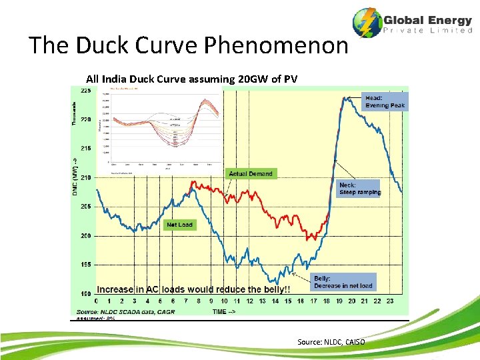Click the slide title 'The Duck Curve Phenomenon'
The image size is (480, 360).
click(189, 45)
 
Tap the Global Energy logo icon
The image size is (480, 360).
click(367, 23)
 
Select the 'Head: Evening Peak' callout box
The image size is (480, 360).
click(384, 101)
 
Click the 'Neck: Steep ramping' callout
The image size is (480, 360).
click(359, 188)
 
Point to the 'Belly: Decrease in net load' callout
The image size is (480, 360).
click(343, 282)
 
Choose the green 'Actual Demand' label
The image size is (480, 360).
click(251, 173)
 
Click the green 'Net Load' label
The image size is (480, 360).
click(179, 225)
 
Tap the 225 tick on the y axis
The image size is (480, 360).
click(87, 91)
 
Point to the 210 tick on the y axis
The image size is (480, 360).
click(87, 178)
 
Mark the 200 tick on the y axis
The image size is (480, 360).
click(87, 236)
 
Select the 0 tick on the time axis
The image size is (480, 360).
click(97, 301)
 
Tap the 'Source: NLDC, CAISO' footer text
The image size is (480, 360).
click(331, 342)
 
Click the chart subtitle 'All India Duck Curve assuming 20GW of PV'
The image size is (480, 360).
click(191, 79)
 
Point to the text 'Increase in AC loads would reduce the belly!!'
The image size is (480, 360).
click(193, 289)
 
